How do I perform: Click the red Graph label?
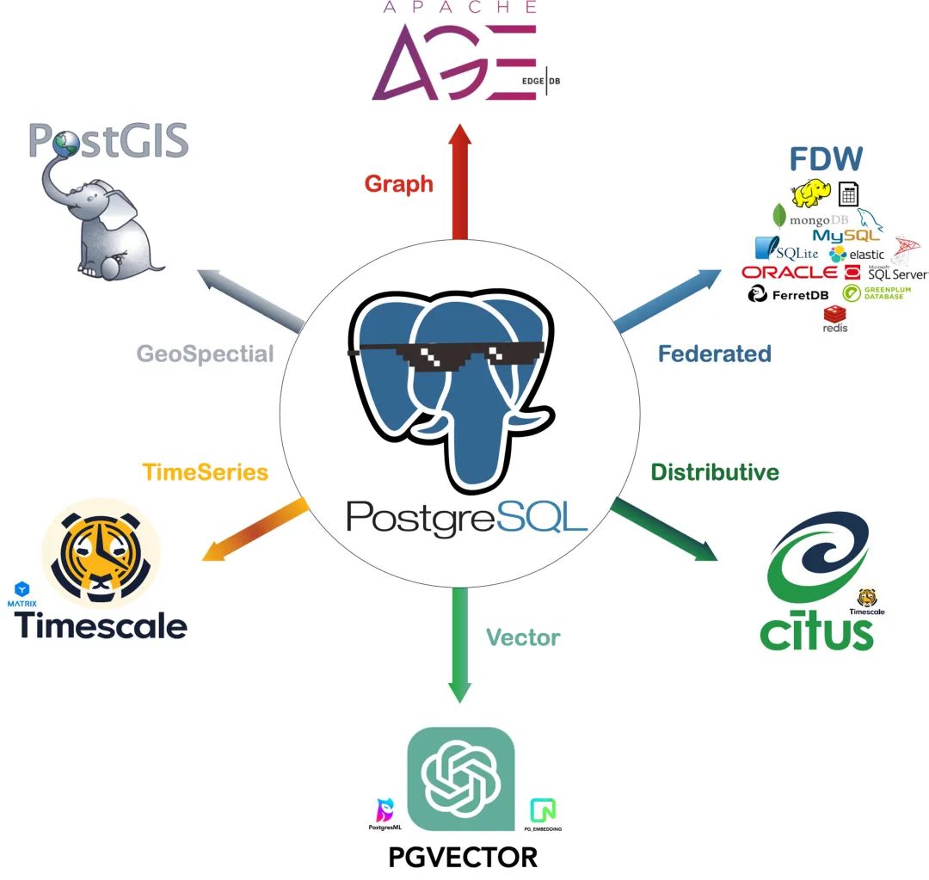tap(398, 183)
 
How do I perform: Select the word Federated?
tap(714, 354)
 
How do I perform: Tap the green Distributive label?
tap(715, 471)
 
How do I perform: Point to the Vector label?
tap(523, 637)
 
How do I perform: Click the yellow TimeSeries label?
tap(206, 471)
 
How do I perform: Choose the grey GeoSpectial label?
tap(205, 354)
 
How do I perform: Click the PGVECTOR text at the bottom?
tap(463, 857)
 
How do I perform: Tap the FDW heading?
tap(826, 159)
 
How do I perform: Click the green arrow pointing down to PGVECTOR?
tap(460, 645)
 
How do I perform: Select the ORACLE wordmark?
tap(789, 272)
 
